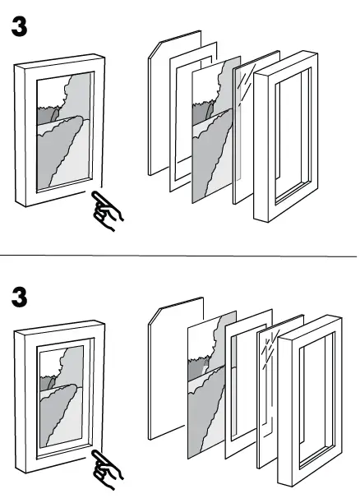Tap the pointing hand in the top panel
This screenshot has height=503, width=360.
107,210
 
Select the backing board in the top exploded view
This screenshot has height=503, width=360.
159,107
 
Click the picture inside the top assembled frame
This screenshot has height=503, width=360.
64,132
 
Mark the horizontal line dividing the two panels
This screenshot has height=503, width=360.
179,256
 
